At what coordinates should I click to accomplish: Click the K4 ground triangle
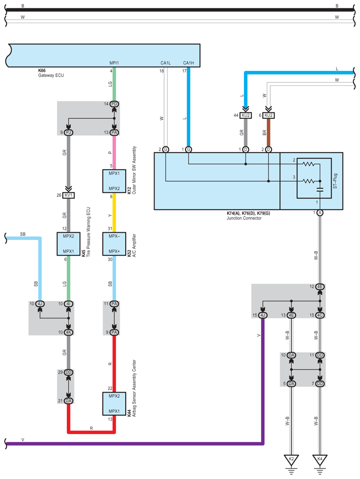click(x=320, y=460)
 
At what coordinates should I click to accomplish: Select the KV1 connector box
click(x=69, y=195)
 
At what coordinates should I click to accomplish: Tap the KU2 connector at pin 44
click(x=246, y=116)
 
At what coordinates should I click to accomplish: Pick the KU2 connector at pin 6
click(x=268, y=116)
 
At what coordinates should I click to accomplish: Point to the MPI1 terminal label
click(x=114, y=63)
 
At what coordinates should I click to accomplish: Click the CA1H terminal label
click(x=188, y=63)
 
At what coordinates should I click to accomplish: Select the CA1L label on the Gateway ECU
click(x=165, y=63)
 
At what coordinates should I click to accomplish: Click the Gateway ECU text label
click(x=51, y=75)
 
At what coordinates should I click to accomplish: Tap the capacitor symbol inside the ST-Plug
click(x=320, y=190)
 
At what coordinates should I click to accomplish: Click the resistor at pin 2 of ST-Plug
click(x=309, y=165)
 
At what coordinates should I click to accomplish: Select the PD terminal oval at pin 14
click(x=114, y=104)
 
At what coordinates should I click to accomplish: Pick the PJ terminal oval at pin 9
click(x=69, y=132)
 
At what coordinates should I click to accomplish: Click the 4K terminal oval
click(x=69, y=333)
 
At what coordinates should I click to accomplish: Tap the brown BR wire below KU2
click(x=268, y=132)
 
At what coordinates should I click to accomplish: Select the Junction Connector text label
click(x=244, y=218)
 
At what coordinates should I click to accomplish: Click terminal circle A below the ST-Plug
click(x=320, y=212)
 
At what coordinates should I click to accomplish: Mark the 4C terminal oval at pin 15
click(x=320, y=315)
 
